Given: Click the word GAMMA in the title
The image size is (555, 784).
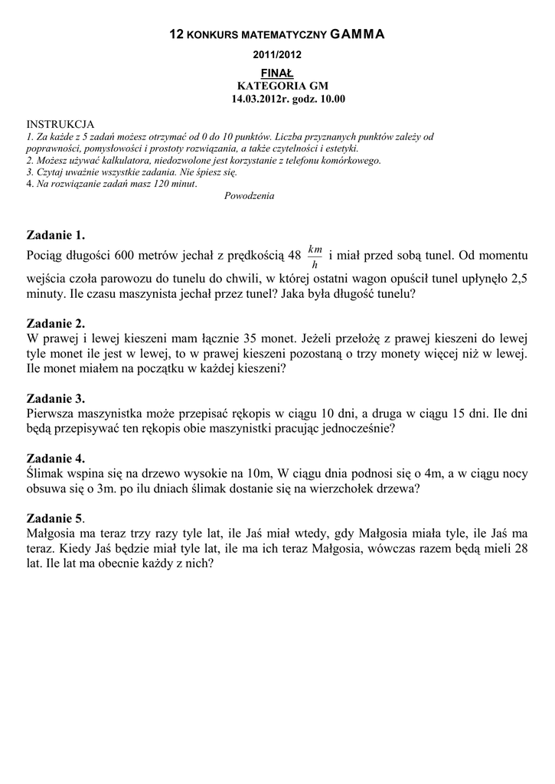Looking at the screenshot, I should point(358,34).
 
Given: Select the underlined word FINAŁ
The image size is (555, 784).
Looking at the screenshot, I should point(278,72).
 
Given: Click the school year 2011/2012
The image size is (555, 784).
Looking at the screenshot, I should point(278,55).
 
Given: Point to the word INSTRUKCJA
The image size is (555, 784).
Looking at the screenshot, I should point(60,124).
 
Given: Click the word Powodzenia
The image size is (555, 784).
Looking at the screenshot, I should point(250,195).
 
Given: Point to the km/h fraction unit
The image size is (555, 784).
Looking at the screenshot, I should point(315,256).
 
